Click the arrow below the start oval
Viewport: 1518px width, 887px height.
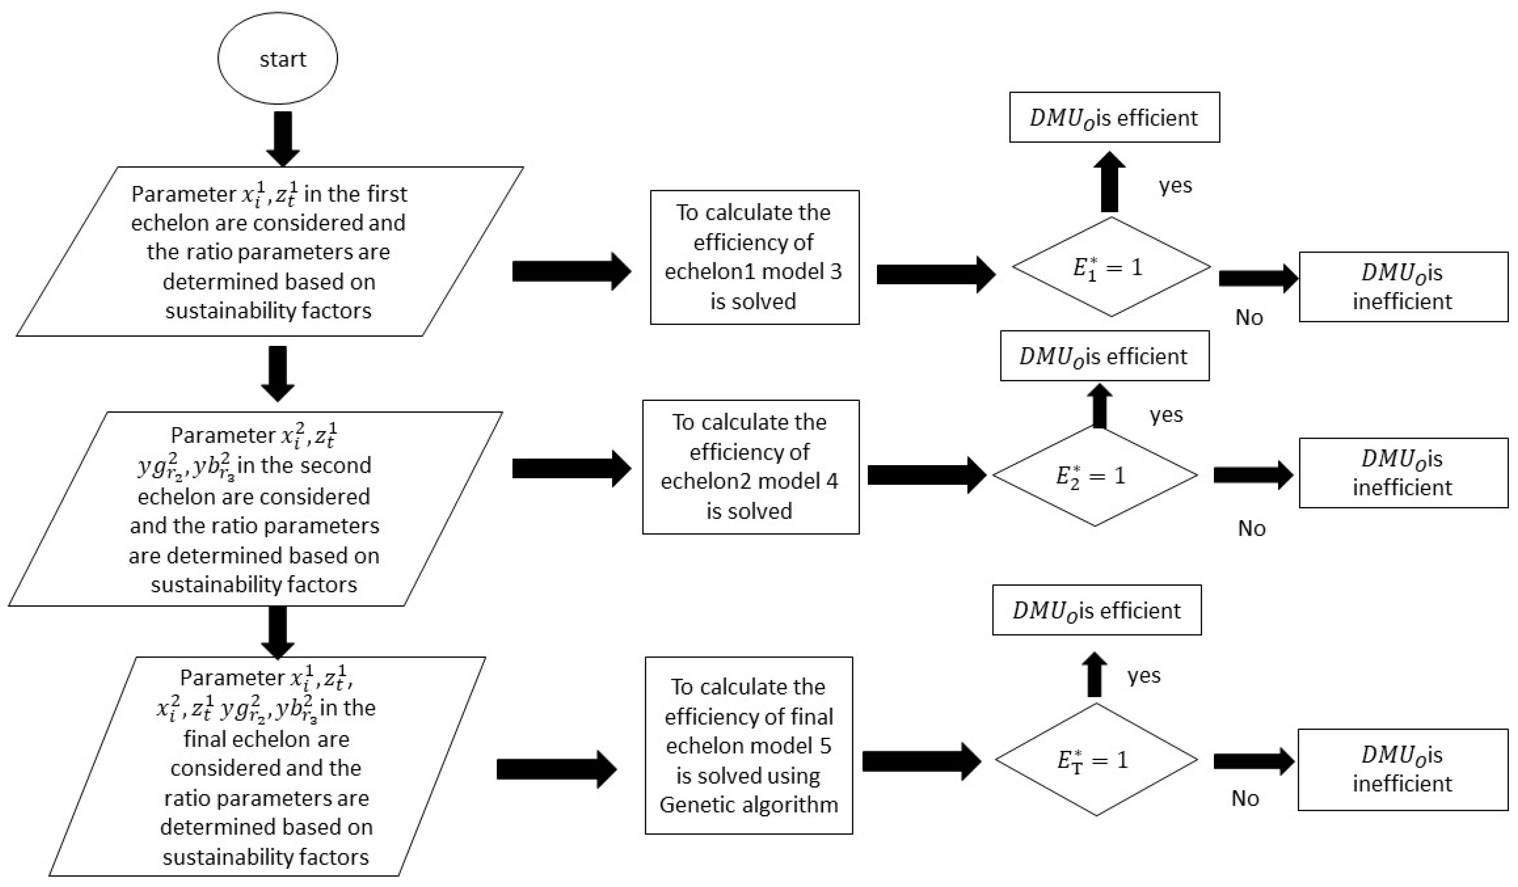(x=282, y=138)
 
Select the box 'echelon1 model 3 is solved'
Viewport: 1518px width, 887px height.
(x=754, y=257)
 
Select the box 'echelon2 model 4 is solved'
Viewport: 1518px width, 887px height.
(x=750, y=466)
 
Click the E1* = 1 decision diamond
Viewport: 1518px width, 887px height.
(x=1111, y=267)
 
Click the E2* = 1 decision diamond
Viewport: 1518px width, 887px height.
(x=1095, y=476)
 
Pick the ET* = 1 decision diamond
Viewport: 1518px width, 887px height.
(x=1096, y=759)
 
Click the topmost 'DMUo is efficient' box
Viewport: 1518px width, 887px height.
(x=1114, y=117)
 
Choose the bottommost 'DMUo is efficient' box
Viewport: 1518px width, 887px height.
(x=1096, y=610)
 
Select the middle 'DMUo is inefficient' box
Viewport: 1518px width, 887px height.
(x=1403, y=473)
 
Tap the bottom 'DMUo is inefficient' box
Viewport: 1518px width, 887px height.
(x=1402, y=769)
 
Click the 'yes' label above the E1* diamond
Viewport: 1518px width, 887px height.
(x=1175, y=186)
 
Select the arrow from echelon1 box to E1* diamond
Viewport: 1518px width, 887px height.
(x=934, y=274)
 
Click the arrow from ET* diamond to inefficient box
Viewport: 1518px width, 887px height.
(x=1252, y=761)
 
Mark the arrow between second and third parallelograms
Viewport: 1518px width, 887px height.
(x=278, y=631)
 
